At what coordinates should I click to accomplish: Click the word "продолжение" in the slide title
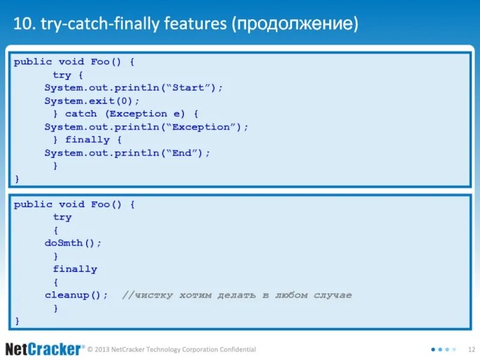click(x=298, y=25)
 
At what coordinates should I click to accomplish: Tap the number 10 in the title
click(x=22, y=25)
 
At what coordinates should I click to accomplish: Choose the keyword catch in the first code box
click(x=81, y=113)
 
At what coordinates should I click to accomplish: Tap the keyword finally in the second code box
click(x=75, y=269)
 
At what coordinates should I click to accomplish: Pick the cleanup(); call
click(x=76, y=295)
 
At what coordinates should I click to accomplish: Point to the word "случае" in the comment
click(x=332, y=295)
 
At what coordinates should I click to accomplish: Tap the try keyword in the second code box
click(x=62, y=217)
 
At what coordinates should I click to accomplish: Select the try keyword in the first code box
click(x=62, y=75)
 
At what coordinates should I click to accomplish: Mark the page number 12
click(x=471, y=349)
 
